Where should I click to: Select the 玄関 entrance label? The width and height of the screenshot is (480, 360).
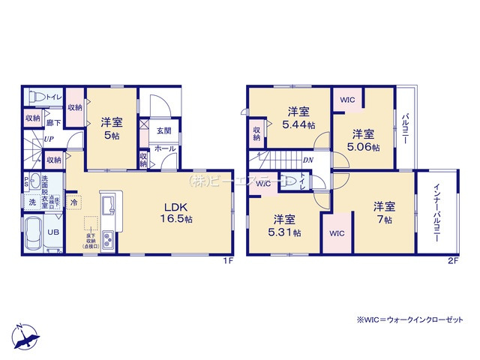pyautogui.click(x=164, y=130)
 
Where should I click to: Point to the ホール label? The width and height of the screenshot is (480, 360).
pyautogui.click(x=165, y=148)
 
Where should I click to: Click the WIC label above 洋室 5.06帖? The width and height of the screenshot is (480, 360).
pyautogui.click(x=347, y=99)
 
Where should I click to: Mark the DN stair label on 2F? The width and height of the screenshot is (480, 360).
pyautogui.click(x=307, y=160)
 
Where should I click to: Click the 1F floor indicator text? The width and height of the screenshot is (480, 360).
pyautogui.click(x=229, y=261)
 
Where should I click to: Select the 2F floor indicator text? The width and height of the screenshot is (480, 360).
pyautogui.click(x=452, y=261)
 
